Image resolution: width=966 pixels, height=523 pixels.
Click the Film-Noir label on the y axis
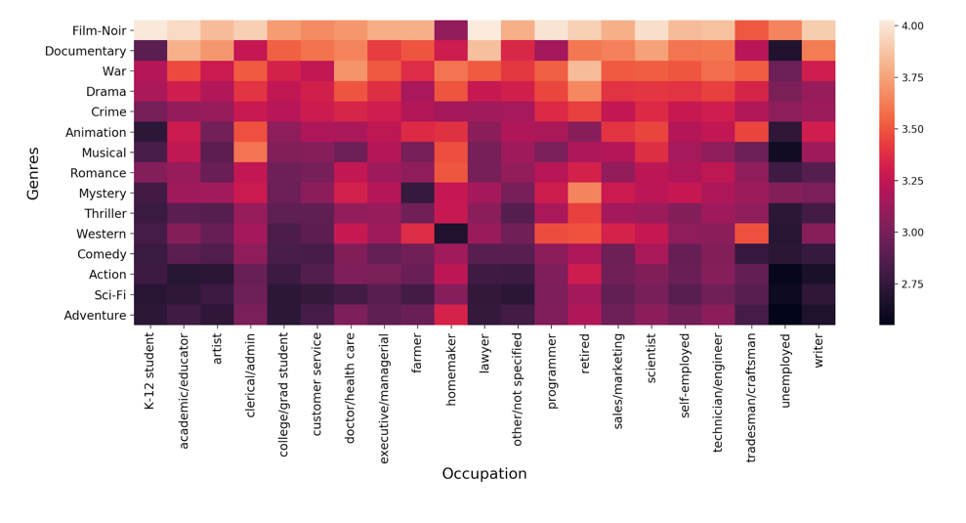pyautogui.click(x=99, y=30)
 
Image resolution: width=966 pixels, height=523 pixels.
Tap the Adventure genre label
pyautogui.click(x=95, y=315)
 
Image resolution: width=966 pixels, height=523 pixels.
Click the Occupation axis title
pyautogui.click(x=483, y=474)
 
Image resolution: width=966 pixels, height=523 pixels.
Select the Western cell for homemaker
pyautogui.click(x=450, y=234)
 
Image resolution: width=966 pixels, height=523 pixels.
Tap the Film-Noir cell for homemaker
pyautogui.click(x=450, y=30)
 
